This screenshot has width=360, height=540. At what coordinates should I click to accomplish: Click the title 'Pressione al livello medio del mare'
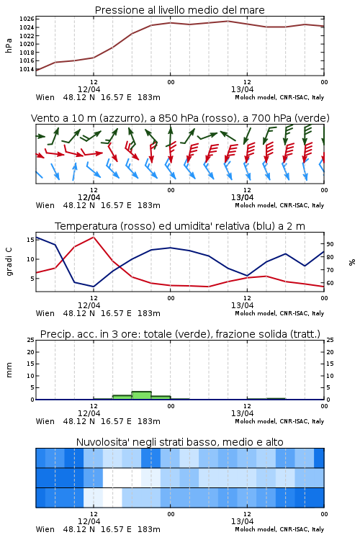pos(179,10)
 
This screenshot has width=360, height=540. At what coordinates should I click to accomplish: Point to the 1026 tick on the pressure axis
pos(27,19)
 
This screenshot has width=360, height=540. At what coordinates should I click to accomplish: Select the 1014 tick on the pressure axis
pos(27,69)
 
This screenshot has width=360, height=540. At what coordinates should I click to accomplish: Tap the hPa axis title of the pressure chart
pos(9,45)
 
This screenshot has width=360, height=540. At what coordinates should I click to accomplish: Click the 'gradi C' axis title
pos(9,261)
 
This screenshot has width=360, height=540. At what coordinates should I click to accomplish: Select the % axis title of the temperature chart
pos(352,262)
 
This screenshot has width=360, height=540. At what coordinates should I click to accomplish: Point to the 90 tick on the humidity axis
pos(330,244)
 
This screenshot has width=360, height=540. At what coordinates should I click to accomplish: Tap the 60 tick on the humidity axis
pos(330,283)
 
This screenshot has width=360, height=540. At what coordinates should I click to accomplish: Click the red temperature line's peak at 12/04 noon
pos(94,237)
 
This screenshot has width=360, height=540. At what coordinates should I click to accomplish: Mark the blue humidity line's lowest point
pos(94,287)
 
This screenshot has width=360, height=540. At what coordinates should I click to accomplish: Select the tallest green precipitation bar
pos(142,395)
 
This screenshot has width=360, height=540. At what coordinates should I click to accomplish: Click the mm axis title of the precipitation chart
pos(9,369)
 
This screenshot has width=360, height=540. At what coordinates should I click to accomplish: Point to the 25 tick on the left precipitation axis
pos(31,340)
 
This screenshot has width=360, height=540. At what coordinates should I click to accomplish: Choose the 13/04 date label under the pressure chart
pos(242,89)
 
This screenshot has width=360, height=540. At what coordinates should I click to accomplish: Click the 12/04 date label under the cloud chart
pos(89,521)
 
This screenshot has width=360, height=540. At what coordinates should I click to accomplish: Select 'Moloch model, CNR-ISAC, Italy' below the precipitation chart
pos(279,421)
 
